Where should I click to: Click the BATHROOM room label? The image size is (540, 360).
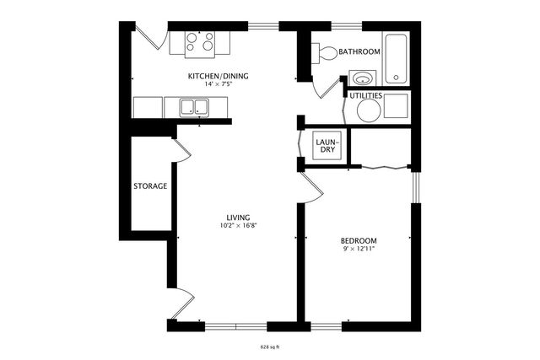coord(359,51)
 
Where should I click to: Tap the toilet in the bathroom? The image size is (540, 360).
coord(325,53)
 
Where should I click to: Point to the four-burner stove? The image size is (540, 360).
coord(199,41)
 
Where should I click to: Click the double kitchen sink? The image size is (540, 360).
coord(195,107)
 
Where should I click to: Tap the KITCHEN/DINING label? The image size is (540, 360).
coord(218,76)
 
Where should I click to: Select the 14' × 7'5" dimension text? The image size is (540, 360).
coord(218,84)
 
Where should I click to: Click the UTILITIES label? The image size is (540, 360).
coord(365,96)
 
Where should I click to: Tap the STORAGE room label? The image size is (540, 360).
coord(150,185)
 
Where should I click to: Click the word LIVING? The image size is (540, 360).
coord(237,218)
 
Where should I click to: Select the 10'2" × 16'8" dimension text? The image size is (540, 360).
coord(237,226)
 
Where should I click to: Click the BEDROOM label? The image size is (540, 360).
coord(359,240)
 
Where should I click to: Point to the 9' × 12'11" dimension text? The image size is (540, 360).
coord(359,249)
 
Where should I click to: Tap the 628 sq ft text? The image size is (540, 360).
coord(269,347)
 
